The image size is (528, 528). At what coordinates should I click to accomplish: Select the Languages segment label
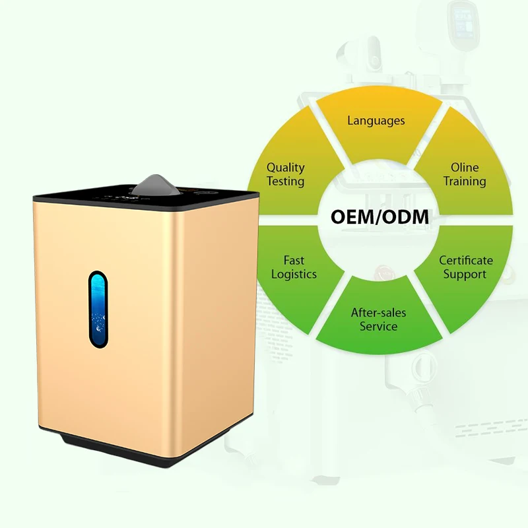pyautogui.click(x=376, y=121)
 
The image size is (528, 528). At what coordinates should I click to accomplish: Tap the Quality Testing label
pyautogui.click(x=285, y=175)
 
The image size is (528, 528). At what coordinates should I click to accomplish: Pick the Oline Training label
pyautogui.click(x=465, y=174)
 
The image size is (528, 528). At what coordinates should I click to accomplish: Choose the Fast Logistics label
pyautogui.click(x=294, y=267)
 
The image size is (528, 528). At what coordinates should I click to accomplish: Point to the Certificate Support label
pyautogui.click(x=466, y=267)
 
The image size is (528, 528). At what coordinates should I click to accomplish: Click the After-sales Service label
pyautogui.click(x=378, y=319)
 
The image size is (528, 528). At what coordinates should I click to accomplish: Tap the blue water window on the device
pyautogui.click(x=98, y=308)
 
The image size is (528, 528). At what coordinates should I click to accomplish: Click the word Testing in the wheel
pyautogui.click(x=285, y=181)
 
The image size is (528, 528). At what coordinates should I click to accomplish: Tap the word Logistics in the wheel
pyautogui.click(x=294, y=275)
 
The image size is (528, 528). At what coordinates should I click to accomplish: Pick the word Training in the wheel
pyautogui.click(x=465, y=181)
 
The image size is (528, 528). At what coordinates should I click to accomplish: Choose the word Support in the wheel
pyautogui.click(x=465, y=275)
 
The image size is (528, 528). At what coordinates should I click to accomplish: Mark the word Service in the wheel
pyautogui.click(x=378, y=326)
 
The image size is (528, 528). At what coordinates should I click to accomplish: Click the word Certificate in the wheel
pyautogui.click(x=466, y=261)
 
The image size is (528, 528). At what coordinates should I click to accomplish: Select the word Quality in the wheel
pyautogui.click(x=285, y=168)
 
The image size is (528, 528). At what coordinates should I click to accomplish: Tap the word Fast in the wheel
pyautogui.click(x=294, y=261)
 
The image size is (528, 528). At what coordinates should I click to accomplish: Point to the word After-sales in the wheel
pyautogui.click(x=378, y=313)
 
